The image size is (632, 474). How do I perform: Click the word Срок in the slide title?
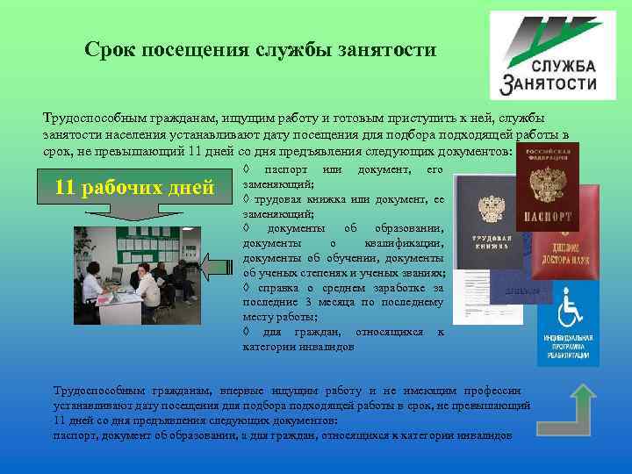tap(110, 50)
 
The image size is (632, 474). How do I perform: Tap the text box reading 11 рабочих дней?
tap(133, 187)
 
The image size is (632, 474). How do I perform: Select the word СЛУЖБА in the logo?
tap(562, 68)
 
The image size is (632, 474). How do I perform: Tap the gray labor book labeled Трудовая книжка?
tap(488, 237)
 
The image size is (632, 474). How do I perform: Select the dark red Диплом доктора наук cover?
tap(575, 237)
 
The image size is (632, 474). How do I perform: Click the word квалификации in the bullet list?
tap(403, 242)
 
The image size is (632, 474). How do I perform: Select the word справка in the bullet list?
tap(275, 287)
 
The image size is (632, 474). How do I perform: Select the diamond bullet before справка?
tap(248, 287)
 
